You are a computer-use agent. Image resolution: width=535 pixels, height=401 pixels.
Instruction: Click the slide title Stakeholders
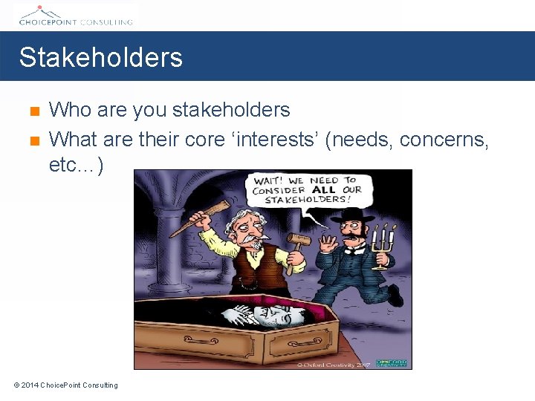pos(100,57)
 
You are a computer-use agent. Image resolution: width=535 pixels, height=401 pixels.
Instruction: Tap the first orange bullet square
pos(33,112)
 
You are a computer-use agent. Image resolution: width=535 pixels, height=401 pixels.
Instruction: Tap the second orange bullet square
pos(33,139)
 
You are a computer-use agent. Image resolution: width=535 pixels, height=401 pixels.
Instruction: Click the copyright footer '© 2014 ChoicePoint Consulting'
pos(65,385)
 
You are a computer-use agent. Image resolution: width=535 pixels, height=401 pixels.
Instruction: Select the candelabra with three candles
pos(383,242)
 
